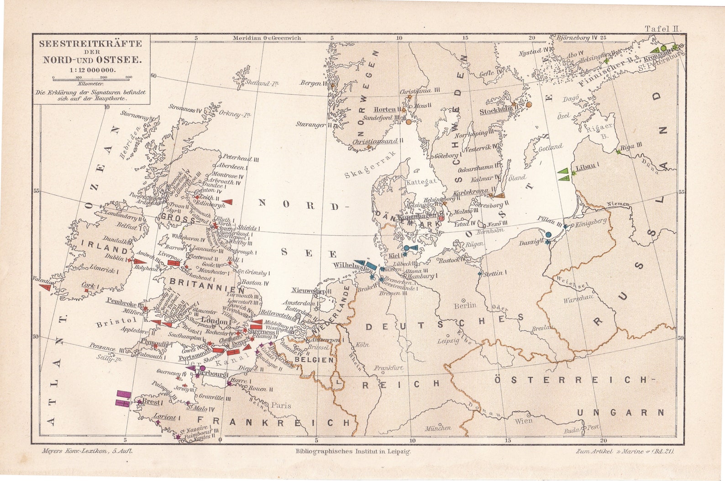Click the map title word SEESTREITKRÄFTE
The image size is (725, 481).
tap(90, 44)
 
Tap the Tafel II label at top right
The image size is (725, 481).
tap(662, 28)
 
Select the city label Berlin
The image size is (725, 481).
tap(465, 305)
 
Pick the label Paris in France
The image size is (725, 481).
tap(280, 405)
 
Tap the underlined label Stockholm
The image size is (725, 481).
tap(495, 111)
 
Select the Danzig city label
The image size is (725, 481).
tap(528, 243)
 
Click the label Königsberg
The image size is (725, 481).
tap(591, 221)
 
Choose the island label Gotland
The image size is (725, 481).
tap(550, 147)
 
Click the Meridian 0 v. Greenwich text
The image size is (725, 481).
tap(266, 38)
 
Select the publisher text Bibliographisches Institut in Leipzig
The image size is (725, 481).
tap(354, 451)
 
